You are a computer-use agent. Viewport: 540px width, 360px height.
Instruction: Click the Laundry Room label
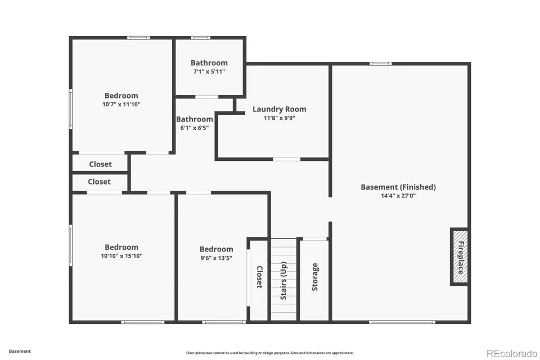click(x=280, y=109)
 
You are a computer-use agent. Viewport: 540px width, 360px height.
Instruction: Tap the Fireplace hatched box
click(x=460, y=257)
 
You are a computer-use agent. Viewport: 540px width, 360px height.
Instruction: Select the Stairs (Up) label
click(x=283, y=281)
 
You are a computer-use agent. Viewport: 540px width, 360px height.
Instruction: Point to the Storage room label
click(x=315, y=277)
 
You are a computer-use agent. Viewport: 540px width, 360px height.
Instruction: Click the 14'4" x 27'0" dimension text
click(x=398, y=196)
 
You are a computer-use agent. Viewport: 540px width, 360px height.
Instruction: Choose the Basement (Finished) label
click(x=398, y=187)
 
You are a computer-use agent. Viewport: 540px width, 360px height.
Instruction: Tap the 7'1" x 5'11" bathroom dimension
click(x=209, y=71)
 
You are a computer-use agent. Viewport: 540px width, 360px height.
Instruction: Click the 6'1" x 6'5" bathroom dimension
click(x=195, y=128)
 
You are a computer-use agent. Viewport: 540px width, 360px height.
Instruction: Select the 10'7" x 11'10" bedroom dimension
click(x=121, y=105)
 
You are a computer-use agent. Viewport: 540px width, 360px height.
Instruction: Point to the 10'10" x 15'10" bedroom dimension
click(x=121, y=256)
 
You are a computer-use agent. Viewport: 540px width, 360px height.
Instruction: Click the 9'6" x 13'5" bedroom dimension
click(x=216, y=258)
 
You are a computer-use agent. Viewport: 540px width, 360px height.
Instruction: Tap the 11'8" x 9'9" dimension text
click(x=280, y=118)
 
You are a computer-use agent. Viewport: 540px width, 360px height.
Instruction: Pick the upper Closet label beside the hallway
click(x=100, y=164)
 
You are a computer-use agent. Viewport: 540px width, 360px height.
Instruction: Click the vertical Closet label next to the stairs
click(x=259, y=277)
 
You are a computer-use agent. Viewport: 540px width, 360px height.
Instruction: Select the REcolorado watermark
click(x=512, y=353)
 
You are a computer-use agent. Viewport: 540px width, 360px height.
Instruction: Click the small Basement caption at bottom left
click(x=20, y=352)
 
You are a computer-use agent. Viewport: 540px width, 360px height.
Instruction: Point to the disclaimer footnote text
click(x=269, y=353)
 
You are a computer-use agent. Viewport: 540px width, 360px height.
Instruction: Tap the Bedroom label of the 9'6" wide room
click(x=216, y=249)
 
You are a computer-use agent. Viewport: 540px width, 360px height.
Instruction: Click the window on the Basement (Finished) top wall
click(x=381, y=64)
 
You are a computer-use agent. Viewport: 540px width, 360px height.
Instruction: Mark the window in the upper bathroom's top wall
click(x=200, y=38)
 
